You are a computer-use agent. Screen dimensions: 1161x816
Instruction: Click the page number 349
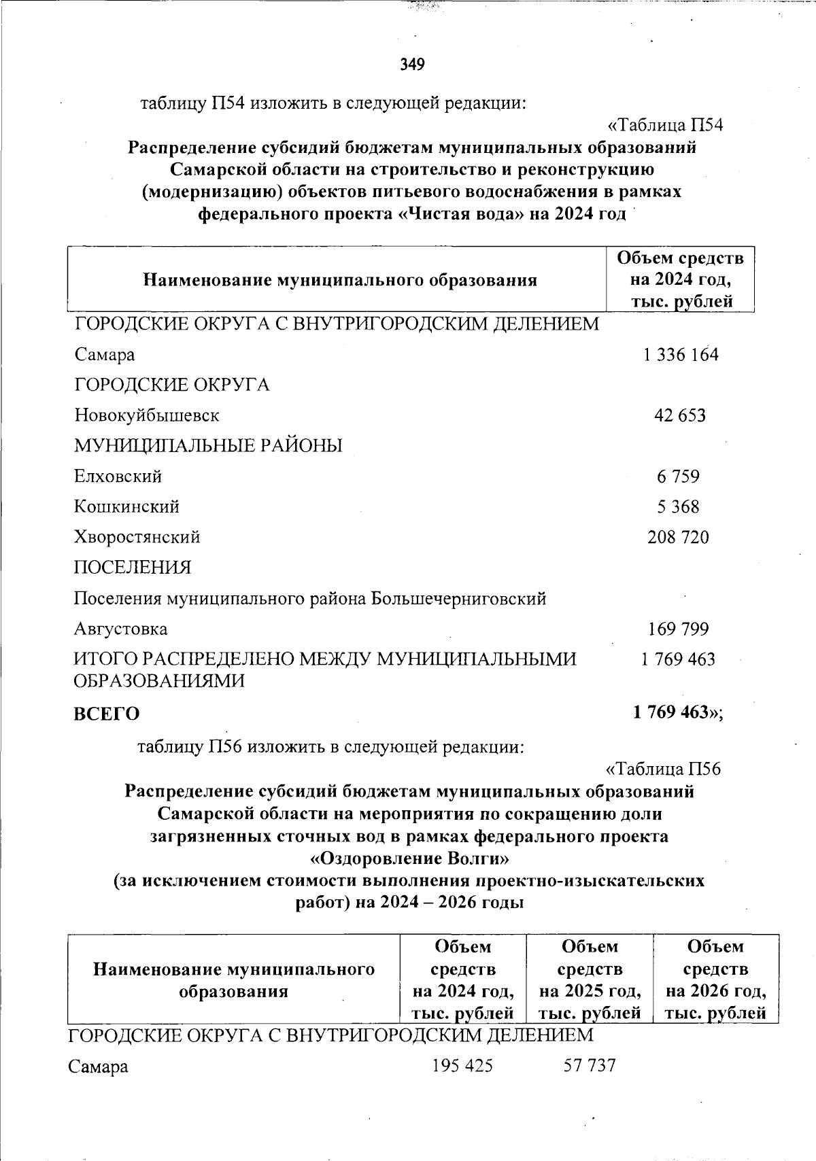(412, 65)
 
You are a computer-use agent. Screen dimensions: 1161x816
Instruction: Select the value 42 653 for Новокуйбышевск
(680, 415)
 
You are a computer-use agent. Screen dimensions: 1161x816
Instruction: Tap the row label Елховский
(118, 476)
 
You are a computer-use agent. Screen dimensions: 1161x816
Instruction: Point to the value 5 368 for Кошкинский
(678, 506)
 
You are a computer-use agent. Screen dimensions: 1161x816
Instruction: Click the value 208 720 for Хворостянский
(678, 537)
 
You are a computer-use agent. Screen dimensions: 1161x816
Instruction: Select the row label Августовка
(120, 629)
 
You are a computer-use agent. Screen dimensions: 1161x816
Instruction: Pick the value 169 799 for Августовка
(678, 629)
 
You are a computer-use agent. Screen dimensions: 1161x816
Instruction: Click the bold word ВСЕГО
(106, 714)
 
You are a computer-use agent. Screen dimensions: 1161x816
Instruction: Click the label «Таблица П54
(664, 126)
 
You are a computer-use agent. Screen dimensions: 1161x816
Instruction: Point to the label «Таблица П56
(662, 769)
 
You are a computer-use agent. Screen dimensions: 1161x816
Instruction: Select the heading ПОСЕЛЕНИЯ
(132, 567)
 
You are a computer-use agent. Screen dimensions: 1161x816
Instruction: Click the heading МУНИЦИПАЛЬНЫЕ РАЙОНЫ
(208, 445)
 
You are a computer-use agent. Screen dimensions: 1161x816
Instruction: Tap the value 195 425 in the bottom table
(462, 1065)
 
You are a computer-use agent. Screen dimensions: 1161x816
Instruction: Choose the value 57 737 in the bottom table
(590, 1065)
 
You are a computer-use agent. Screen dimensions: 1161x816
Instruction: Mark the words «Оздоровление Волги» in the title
(409, 859)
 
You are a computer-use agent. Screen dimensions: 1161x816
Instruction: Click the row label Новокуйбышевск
(146, 415)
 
